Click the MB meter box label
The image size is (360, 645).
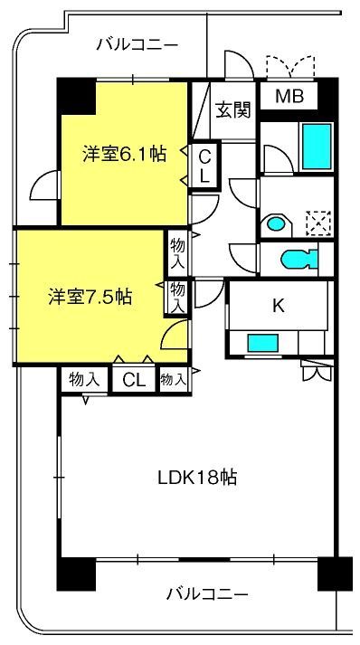point(289,97)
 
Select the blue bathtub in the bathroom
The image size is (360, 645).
point(317,147)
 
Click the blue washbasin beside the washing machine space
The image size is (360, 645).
point(276,224)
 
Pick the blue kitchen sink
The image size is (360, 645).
point(262,343)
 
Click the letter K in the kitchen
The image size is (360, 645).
point(279,305)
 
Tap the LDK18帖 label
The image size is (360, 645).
point(197,478)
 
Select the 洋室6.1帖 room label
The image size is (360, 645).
point(124,155)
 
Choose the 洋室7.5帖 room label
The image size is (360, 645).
point(90,296)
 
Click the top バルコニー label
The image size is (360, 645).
point(137,44)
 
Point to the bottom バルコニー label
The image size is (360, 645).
point(207,594)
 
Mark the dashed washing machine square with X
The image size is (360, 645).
point(319,223)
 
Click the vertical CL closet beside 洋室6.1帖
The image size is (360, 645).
point(205,166)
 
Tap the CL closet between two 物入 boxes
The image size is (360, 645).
point(134,381)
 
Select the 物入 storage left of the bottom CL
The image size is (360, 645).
point(85,380)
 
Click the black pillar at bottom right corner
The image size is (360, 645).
point(335,574)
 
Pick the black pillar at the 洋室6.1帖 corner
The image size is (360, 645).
point(76,96)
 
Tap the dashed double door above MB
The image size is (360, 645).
point(290,67)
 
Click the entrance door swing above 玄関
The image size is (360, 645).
point(239,64)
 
